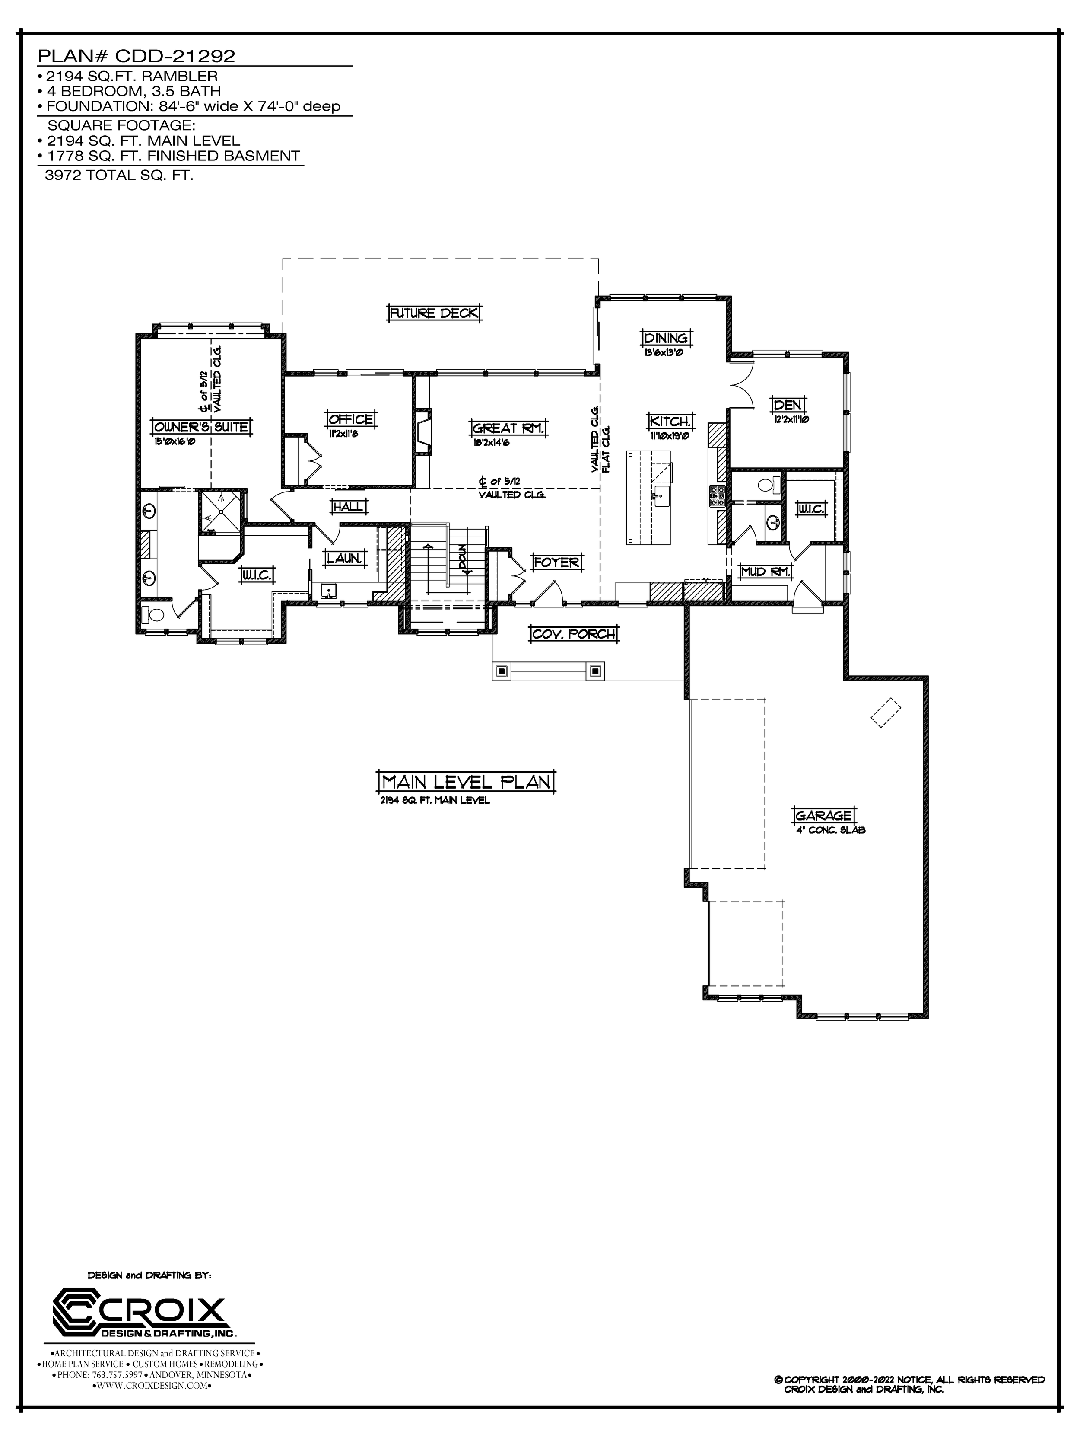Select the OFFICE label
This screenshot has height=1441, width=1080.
coord(351,419)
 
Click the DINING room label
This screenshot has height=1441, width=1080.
coord(665,338)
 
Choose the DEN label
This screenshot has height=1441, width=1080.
coord(788,405)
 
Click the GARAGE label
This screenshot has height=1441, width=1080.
coord(823,815)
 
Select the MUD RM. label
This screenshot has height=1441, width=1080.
coord(767,571)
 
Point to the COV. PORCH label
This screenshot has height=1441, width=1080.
coord(574,633)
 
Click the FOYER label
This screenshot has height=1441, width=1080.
coord(556,562)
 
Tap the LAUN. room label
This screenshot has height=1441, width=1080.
coord(344,558)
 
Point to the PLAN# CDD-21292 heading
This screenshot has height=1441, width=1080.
coord(137,56)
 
